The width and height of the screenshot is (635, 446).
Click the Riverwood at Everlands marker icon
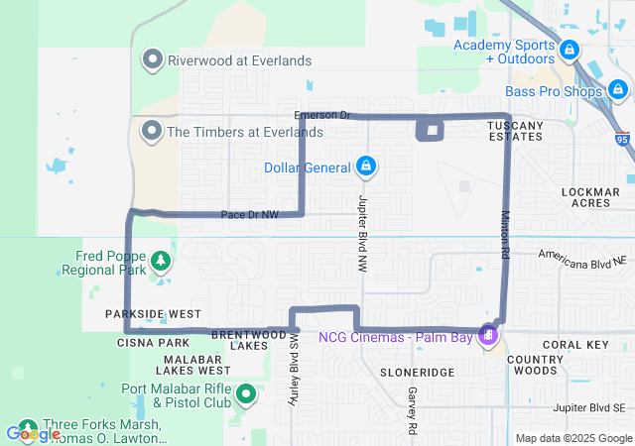[x=153, y=60]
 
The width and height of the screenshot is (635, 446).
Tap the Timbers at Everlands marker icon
[x=153, y=131]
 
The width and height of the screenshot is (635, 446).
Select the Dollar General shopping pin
[x=366, y=166]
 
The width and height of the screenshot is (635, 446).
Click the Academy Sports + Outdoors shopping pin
[x=569, y=50]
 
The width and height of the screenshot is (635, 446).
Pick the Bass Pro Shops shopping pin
[x=619, y=92]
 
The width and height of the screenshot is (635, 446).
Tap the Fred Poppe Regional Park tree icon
[x=159, y=262]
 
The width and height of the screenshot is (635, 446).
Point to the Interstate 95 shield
[x=622, y=141]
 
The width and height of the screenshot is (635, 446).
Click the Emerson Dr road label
[x=323, y=115]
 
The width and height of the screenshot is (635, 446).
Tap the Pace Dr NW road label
[x=249, y=214]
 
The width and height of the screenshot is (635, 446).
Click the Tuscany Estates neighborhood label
[x=515, y=130]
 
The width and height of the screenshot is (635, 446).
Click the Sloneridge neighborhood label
[x=417, y=372]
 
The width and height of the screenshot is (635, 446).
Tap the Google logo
[x=33, y=433]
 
